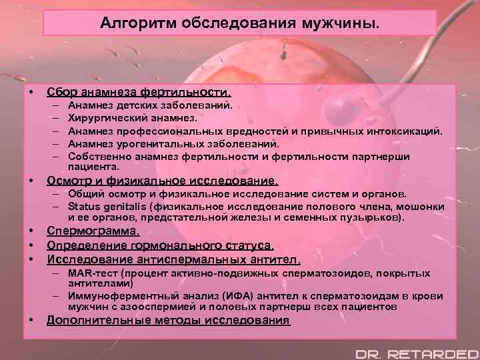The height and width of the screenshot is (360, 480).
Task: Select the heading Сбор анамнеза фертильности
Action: [139, 92]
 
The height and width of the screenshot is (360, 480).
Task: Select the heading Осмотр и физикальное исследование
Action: [162, 181]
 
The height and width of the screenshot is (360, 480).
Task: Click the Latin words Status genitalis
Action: [107, 206]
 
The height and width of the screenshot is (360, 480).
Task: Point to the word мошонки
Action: [423, 206]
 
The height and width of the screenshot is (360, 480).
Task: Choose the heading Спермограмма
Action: [93, 232]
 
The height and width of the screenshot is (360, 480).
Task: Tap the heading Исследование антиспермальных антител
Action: [173, 259]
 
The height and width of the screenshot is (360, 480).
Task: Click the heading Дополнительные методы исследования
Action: [168, 321]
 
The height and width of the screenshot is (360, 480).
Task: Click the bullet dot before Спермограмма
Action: [31, 232]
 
